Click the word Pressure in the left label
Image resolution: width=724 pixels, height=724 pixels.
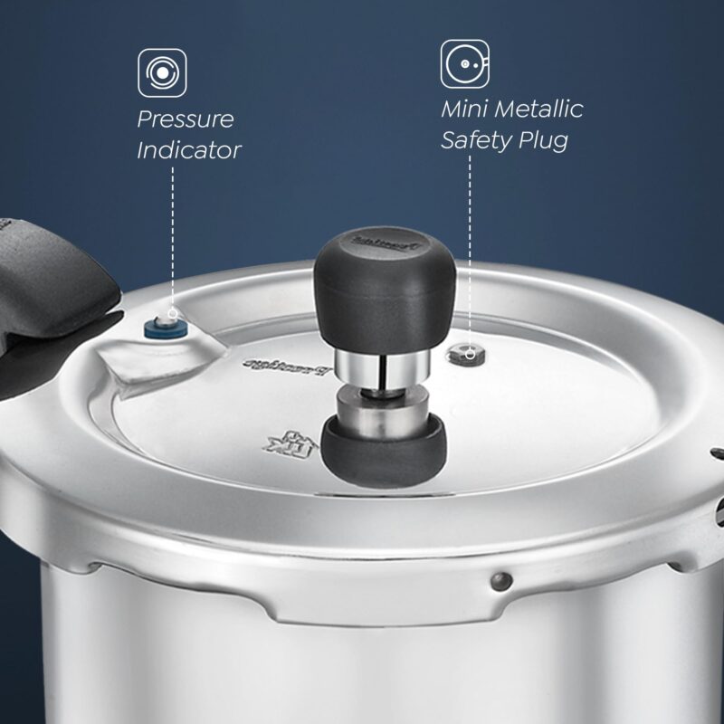186,119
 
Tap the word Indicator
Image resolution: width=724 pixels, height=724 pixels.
189,150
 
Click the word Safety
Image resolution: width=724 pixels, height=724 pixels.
478,141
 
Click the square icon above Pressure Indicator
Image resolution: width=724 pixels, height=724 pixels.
163,72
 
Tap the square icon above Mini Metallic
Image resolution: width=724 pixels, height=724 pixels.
465,63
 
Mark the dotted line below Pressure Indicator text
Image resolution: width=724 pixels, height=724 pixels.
172,235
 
